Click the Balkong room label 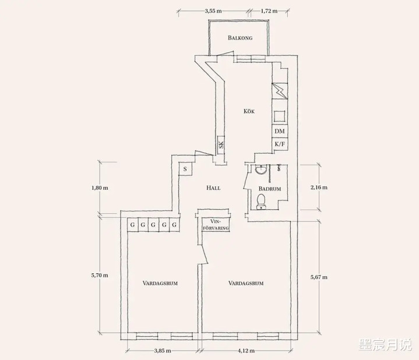[240, 38]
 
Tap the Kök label [249, 111]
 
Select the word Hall [213, 188]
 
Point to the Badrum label [270, 189]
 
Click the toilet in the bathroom [261, 202]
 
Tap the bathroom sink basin [261, 170]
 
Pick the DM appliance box [280, 131]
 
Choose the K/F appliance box [280, 144]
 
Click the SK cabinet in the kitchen [221, 145]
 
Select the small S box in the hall [185, 169]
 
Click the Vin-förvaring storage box [216, 225]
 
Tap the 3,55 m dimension [213, 11]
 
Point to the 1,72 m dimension [269, 11]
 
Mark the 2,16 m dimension [319, 188]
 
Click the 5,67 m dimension [319, 277]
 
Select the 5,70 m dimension [100, 275]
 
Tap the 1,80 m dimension [100, 188]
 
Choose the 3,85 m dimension [163, 351]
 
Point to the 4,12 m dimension [246, 351]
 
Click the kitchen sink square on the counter [280, 116]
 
